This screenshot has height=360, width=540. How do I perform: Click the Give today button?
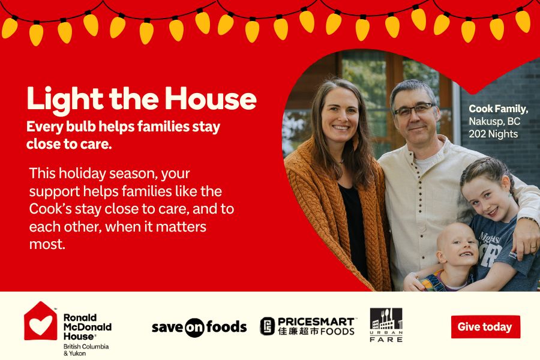point(485,327)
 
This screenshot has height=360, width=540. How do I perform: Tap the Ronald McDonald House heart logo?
point(40,323)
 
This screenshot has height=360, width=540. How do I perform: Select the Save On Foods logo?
point(199,327)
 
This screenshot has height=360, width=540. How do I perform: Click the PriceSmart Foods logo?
point(307,326)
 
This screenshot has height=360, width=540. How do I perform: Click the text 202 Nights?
point(493,134)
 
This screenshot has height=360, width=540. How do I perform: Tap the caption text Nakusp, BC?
point(494,121)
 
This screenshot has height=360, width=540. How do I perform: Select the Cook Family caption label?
point(498,109)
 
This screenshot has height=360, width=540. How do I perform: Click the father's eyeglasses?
point(415,110)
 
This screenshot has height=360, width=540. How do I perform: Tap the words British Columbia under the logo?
point(86,347)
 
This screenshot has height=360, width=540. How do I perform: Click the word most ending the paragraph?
point(46,244)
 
